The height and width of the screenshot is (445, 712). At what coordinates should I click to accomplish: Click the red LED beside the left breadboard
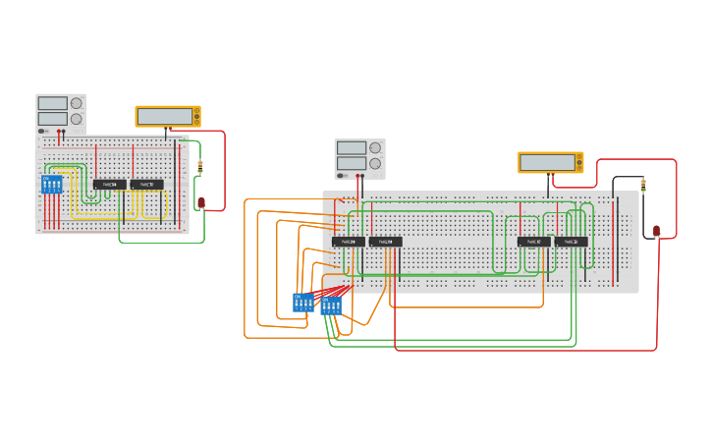pyautogui.click(x=201, y=202)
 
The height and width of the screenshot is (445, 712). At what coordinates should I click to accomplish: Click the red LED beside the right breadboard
pyautogui.click(x=656, y=232)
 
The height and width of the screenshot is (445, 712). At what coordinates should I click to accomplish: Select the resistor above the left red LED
pyautogui.click(x=200, y=167)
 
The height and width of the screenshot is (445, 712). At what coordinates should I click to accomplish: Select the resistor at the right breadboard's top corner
pyautogui.click(x=643, y=184)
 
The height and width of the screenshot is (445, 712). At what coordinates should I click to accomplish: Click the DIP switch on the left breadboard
pyautogui.click(x=51, y=185)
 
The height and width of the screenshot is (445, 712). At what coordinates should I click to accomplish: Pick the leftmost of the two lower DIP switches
pyautogui.click(x=303, y=303)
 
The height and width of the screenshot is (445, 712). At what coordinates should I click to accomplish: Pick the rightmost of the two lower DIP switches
pyautogui.click(x=330, y=306)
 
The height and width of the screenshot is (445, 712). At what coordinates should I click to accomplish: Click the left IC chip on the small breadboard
pyautogui.click(x=109, y=184)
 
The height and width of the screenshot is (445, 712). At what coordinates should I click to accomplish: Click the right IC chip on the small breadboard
pyautogui.click(x=146, y=184)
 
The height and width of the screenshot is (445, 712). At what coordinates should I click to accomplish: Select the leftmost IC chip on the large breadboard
pyautogui.click(x=348, y=242)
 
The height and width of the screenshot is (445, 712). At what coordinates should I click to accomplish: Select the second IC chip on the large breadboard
pyautogui.click(x=385, y=242)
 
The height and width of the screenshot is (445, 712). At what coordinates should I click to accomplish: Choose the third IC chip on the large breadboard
pyautogui.click(x=533, y=242)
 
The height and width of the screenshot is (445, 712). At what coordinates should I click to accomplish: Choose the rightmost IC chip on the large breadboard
pyautogui.click(x=571, y=242)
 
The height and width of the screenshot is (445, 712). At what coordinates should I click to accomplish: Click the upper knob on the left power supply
pyautogui.click(x=77, y=103)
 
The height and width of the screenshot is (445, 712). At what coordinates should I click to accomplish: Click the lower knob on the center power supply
pyautogui.click(x=375, y=163)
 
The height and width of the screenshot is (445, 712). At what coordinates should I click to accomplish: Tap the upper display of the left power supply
pyautogui.click(x=52, y=103)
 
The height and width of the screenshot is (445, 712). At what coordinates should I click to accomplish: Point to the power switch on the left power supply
pyautogui.click(x=42, y=131)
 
